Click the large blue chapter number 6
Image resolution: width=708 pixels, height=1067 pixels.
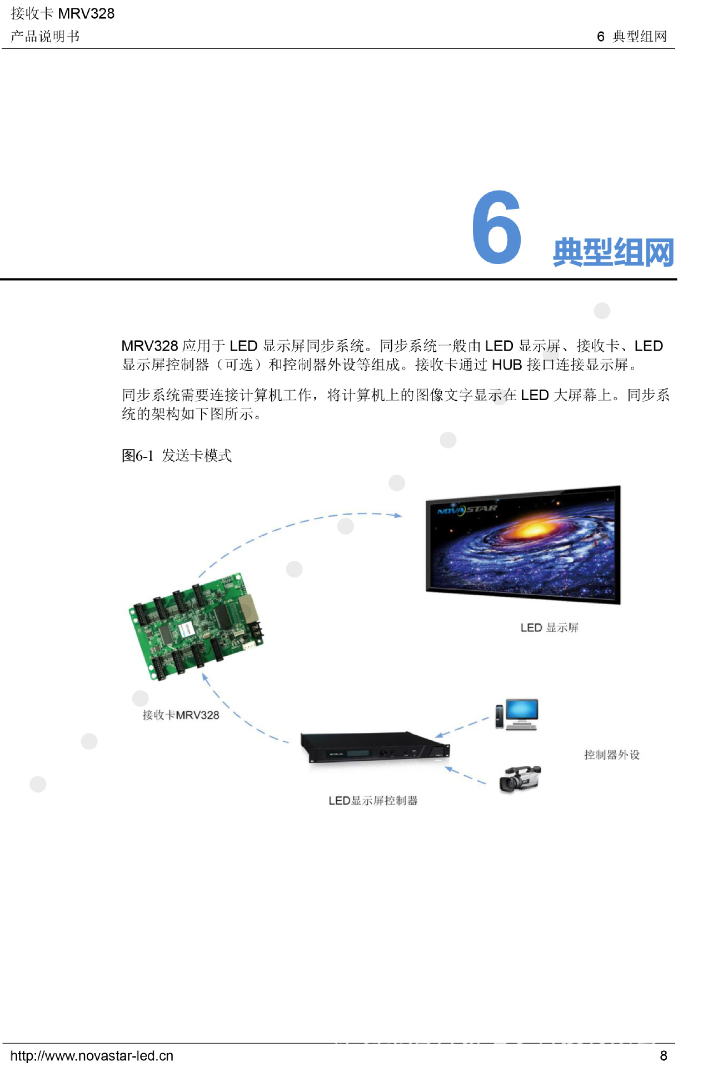(496, 227)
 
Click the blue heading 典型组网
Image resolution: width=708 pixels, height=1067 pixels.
(613, 252)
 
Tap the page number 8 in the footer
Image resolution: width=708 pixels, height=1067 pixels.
(663, 1055)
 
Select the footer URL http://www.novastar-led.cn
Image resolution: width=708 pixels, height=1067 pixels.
(92, 1055)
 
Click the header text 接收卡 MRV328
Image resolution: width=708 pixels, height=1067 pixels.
(62, 13)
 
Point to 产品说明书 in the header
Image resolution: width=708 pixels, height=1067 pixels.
(45, 37)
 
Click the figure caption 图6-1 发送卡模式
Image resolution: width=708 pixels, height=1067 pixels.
(177, 456)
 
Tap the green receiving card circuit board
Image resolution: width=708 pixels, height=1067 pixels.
(196, 625)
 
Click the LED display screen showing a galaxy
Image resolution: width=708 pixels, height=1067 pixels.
(522, 545)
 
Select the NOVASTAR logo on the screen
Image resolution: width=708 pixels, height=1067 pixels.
(467, 509)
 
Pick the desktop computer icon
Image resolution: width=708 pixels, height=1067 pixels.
(517, 714)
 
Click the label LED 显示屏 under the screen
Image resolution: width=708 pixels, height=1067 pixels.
(549, 627)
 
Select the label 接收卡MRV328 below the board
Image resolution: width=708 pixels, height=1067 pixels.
(181, 715)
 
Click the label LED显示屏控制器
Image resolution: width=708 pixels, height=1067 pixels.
(373, 800)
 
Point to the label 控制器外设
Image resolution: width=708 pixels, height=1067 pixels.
(611, 755)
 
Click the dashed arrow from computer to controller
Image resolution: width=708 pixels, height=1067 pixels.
(462, 727)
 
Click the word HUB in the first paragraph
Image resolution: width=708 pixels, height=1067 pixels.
(507, 365)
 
